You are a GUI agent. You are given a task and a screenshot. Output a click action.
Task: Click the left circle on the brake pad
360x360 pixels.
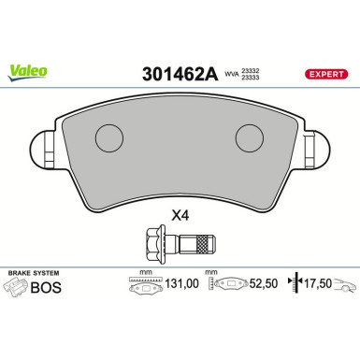pos(110,139)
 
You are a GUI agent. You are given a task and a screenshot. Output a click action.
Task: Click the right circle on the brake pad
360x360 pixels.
pos(249,139)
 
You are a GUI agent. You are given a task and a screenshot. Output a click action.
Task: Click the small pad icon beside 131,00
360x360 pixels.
pos(143,286)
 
